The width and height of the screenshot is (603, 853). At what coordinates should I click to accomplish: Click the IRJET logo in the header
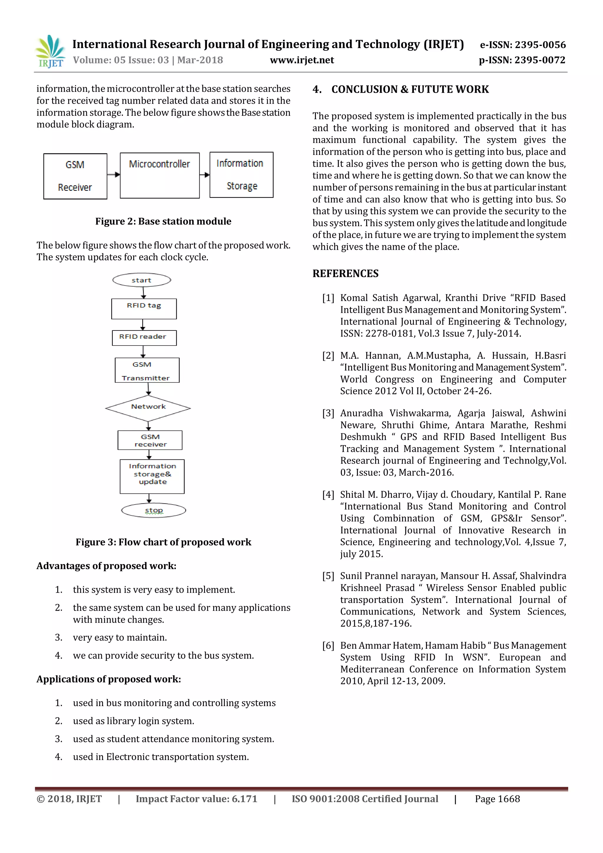point(50,51)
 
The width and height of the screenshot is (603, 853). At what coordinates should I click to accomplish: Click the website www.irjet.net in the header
point(301,60)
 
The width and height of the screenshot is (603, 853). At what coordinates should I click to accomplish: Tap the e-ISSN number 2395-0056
point(540,45)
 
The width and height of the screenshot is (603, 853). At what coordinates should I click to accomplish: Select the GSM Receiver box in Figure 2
point(75,176)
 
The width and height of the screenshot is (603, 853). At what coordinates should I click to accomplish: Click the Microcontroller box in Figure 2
point(160,175)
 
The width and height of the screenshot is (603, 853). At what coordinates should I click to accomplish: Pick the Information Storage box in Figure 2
point(241,175)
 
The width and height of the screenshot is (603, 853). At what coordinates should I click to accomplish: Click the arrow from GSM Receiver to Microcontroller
point(114,174)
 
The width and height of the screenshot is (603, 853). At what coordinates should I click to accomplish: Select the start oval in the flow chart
point(141,280)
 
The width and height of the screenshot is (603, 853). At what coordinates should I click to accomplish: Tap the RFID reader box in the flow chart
point(144,337)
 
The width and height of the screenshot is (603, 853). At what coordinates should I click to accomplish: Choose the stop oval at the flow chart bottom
point(153,510)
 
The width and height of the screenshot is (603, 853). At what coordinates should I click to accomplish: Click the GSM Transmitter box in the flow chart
point(147,371)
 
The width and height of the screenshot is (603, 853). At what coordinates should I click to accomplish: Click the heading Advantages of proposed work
point(106,566)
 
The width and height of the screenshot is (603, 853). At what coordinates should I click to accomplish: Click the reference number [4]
point(328,495)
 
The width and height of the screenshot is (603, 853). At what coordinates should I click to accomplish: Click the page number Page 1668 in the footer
point(497,799)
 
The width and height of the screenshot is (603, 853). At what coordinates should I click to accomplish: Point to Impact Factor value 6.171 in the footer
point(196,799)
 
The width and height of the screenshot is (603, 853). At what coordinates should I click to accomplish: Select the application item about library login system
point(133,721)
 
